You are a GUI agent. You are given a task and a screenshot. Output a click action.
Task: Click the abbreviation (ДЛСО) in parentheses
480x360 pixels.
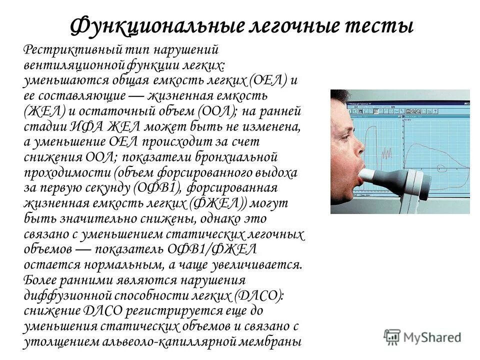click(257, 294)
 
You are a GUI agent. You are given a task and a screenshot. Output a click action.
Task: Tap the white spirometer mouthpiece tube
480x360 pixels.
click(372, 174)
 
